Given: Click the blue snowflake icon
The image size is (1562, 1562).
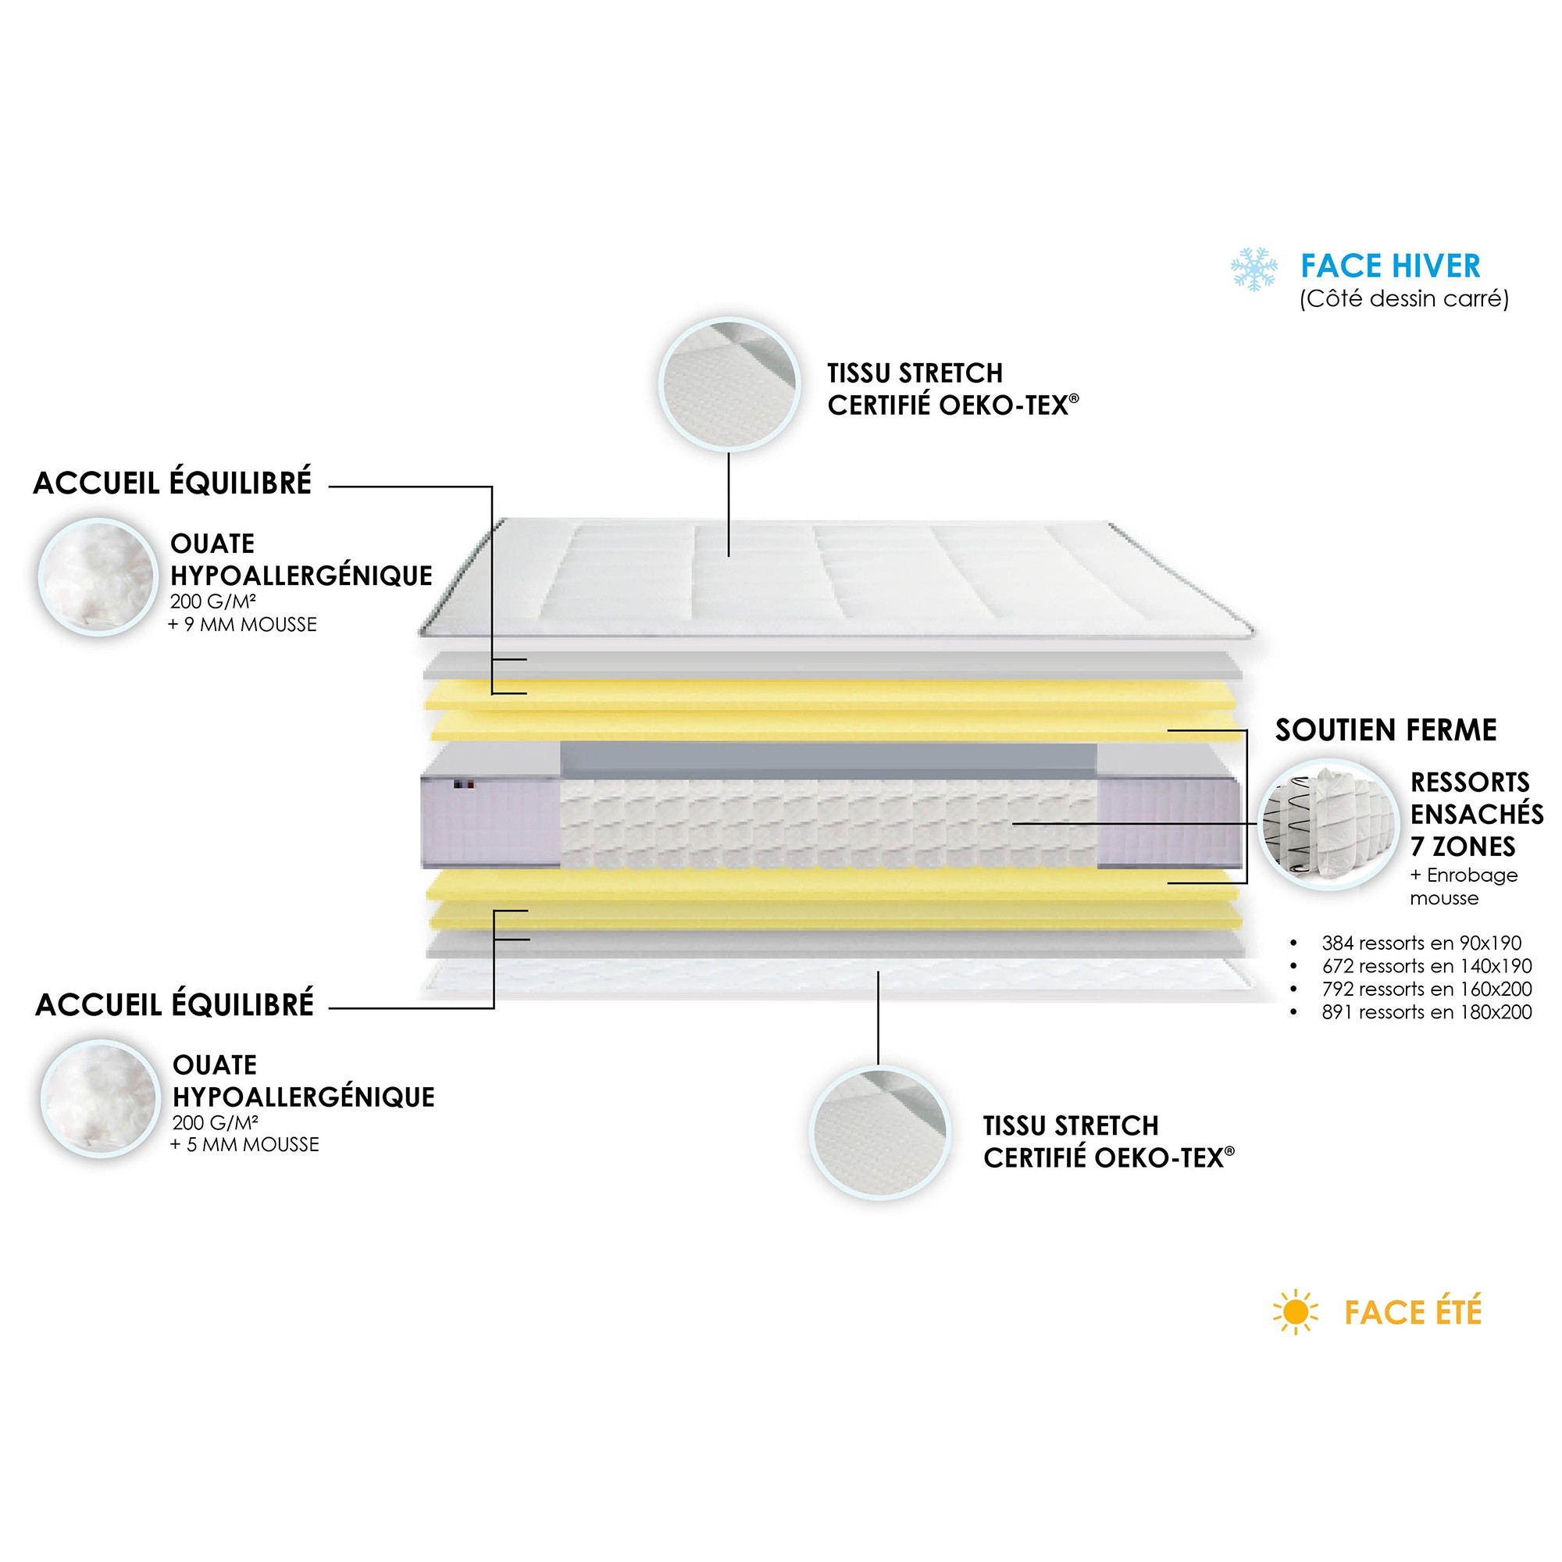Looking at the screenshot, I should [1254, 269].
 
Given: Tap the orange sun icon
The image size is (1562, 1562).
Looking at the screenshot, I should [1295, 1312].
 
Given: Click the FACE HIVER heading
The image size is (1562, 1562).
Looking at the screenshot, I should [1391, 266].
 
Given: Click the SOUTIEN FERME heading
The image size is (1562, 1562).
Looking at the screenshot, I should [1385, 730].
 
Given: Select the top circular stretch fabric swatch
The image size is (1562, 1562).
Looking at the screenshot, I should [729, 384].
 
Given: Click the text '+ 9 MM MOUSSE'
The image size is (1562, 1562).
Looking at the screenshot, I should [243, 625].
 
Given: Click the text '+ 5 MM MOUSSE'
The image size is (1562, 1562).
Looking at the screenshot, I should [245, 1145].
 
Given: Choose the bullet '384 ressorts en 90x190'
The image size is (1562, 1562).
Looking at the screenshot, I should [1421, 943].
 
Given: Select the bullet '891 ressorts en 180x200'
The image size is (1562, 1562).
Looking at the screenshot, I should [1426, 1011].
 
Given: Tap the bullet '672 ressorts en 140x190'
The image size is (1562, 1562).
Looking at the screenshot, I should [1426, 965].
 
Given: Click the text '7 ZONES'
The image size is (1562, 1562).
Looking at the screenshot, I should [1463, 847].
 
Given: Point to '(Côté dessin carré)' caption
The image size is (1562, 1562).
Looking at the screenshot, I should [1403, 299].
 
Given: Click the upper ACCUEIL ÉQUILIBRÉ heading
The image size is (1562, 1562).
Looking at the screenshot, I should [172, 483].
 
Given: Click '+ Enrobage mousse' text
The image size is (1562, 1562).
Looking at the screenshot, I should [1464, 886].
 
